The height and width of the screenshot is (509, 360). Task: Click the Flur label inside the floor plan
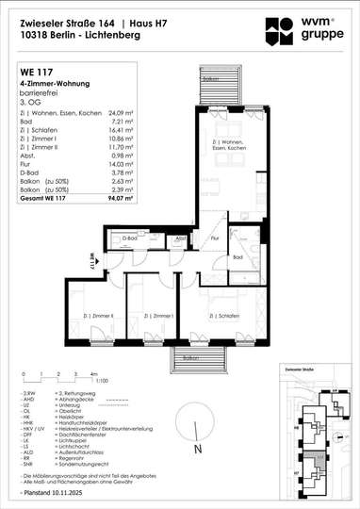[215, 238]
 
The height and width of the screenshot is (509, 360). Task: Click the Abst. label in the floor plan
[179, 238]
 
